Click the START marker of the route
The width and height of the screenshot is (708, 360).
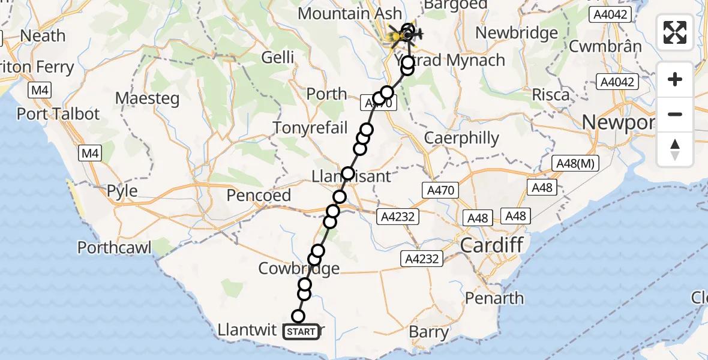[301, 331]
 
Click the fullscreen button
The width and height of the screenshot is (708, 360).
[675, 32]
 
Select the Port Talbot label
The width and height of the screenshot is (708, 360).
[58, 113]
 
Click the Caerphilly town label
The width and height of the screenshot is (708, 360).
[461, 138]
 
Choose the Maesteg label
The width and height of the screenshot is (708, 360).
[147, 98]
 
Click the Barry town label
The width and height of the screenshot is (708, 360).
[428, 332]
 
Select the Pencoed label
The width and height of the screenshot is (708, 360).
[259, 195]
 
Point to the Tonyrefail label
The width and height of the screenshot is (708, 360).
[310, 128]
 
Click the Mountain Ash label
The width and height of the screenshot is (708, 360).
[350, 13]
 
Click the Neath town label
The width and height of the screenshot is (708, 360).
[43, 35]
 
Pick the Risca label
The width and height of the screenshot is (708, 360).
[551, 95]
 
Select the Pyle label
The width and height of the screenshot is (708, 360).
[122, 191]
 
